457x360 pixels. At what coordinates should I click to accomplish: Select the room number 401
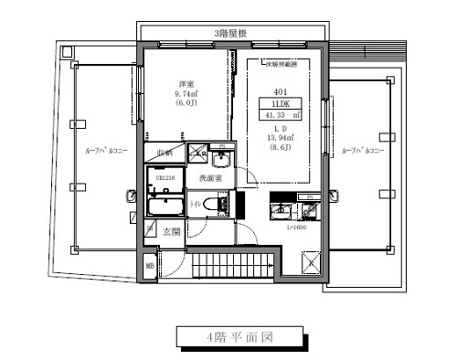pos(280,91)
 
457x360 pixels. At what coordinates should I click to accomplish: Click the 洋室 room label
pos(185,84)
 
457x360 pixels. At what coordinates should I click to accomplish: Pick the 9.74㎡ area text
pos(185,93)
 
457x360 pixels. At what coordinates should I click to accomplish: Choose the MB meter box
pos(149,267)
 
